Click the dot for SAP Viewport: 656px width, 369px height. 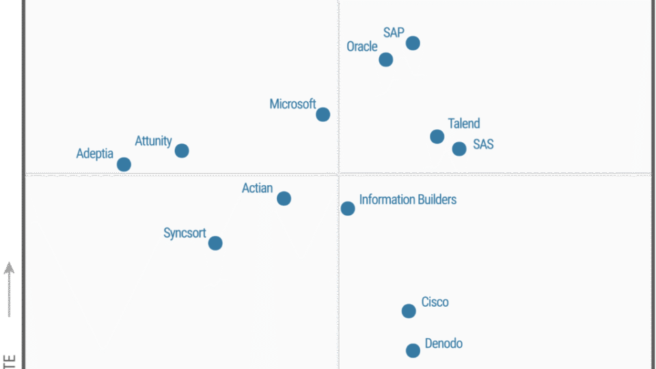pos(413,43)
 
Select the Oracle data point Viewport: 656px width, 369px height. pos(386,59)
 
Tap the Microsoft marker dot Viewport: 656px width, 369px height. pos(323,114)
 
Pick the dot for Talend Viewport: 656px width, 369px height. pos(437,137)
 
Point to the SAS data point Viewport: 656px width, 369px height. pos(459,148)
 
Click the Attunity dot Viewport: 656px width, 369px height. pos(182,150)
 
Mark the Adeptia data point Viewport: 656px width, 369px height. pos(124,164)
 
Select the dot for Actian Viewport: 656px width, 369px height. pos(284,198)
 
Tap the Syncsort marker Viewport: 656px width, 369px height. pos(215,243)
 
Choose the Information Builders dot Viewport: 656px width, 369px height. pos(348,208)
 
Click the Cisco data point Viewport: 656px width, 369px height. pos(409,311)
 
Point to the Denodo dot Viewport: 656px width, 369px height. pos(413,351)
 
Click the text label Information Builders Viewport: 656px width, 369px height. pos(407,200)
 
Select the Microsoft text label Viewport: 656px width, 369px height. pos(292,104)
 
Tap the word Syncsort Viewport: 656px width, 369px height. pos(184,233)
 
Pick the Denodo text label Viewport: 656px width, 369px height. pos(443,343)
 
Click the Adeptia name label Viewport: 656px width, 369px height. pos(94,154)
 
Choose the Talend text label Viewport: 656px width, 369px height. pos(464,124)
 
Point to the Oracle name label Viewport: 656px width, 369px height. pos(361,46)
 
